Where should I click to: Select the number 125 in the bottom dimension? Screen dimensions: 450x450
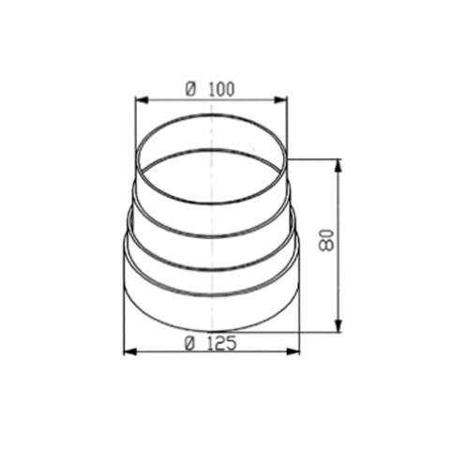click(x=219, y=343)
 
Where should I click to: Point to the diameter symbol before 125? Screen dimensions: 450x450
click(x=189, y=343)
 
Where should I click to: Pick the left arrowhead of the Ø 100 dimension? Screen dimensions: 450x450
click(x=140, y=98)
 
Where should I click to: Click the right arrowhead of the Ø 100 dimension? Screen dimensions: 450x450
click(x=282, y=98)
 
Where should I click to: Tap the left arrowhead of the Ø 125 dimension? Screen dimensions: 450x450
click(x=129, y=352)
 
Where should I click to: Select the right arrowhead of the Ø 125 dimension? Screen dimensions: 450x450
click(x=295, y=352)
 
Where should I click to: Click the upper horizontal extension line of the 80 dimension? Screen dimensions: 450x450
click(x=314, y=159)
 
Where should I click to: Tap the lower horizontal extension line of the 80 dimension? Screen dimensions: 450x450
click(x=319, y=331)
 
